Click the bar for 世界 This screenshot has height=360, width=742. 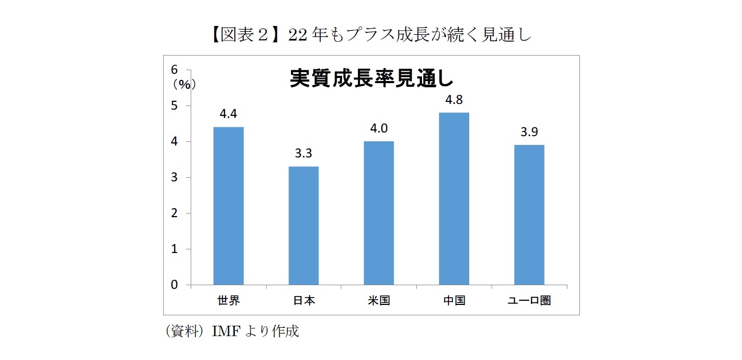tap(229, 206)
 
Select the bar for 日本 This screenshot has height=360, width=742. tap(303, 225)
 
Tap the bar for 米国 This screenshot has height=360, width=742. tap(379, 213)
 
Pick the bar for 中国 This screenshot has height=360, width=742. tap(454, 198)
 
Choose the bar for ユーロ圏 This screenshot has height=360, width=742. tap(529, 215)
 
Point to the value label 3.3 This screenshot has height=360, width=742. tap(303, 154)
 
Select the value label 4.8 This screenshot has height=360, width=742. tap(454, 100)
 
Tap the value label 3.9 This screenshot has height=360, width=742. tap(529, 132)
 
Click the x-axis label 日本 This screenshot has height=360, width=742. tap(303, 300)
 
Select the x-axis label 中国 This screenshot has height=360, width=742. tap(454, 300)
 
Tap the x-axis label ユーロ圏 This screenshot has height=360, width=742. tap(529, 300)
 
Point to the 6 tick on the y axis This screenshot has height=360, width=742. tap(175, 70)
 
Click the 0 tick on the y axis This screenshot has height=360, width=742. tap(175, 285)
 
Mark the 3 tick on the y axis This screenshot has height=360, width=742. tap(175, 177)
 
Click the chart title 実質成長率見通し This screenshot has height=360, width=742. tap(371, 78)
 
